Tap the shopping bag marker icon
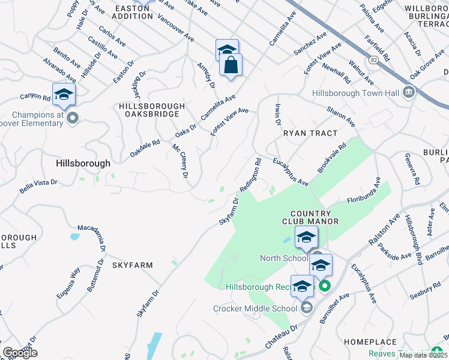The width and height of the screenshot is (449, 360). coord(231,65)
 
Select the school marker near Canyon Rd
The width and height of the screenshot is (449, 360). coord(64,95)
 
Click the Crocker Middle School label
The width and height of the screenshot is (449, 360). coord(255,308)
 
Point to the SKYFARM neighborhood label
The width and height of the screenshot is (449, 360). coord(131,265)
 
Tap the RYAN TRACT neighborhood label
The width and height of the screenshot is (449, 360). coord(310,133)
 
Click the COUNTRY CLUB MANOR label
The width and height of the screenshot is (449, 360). coord(310,217)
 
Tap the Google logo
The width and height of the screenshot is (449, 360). coord(19,352)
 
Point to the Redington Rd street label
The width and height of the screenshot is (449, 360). coord(251,175)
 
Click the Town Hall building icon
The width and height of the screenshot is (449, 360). coord(409,92)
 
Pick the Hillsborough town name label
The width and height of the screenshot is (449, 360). coord(83,163)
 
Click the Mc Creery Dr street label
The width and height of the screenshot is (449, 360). coord(180,161)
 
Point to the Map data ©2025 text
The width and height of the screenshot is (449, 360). coord(423,355)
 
